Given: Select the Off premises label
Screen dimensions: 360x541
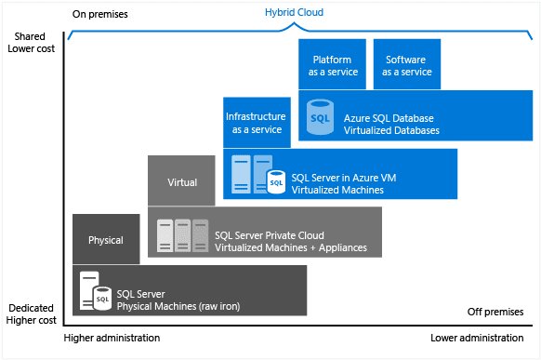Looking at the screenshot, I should [488, 312].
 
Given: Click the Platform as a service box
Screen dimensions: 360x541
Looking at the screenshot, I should [332, 65].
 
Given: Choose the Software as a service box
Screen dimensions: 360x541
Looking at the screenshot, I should [408, 65].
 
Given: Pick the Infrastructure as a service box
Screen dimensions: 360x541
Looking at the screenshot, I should [255, 123].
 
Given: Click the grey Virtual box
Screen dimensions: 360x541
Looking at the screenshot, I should [182, 182].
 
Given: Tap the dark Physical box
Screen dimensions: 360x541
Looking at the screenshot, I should [105, 240].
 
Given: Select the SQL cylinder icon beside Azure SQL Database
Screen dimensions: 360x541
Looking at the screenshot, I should [319, 118].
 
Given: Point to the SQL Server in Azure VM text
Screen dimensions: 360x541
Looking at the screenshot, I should [344, 183].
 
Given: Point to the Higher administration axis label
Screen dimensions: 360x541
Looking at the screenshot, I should [107, 338].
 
